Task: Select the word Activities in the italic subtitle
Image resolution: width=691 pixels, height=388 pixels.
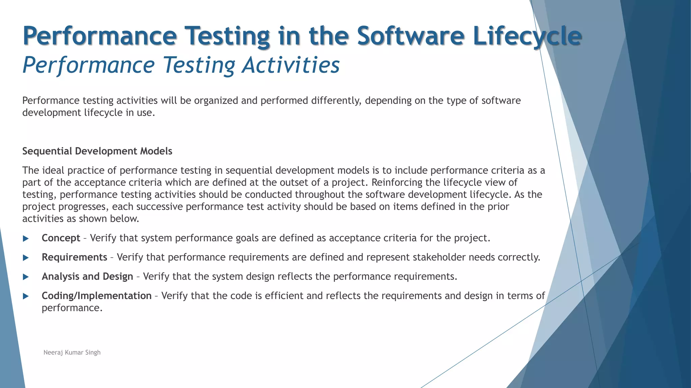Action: [x=291, y=65]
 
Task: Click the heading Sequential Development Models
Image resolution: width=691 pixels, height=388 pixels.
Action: [x=97, y=151]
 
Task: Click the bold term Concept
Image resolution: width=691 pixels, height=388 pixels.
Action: [x=61, y=238]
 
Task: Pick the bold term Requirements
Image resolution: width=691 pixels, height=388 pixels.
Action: [x=74, y=257]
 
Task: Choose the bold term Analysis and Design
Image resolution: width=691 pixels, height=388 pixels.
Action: [x=87, y=277]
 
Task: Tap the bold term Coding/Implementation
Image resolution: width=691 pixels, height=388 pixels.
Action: [x=96, y=296]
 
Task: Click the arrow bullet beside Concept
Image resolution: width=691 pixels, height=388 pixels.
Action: [x=26, y=238]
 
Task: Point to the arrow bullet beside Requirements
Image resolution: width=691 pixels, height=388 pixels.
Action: [x=26, y=258]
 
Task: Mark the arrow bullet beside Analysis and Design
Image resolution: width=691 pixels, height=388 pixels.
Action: [x=26, y=277]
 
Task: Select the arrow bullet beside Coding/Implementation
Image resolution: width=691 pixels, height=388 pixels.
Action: [x=26, y=296]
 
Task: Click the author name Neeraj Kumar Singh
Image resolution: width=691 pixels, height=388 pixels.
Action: [x=72, y=353]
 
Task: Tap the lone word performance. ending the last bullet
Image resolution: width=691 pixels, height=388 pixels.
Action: [x=72, y=308]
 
